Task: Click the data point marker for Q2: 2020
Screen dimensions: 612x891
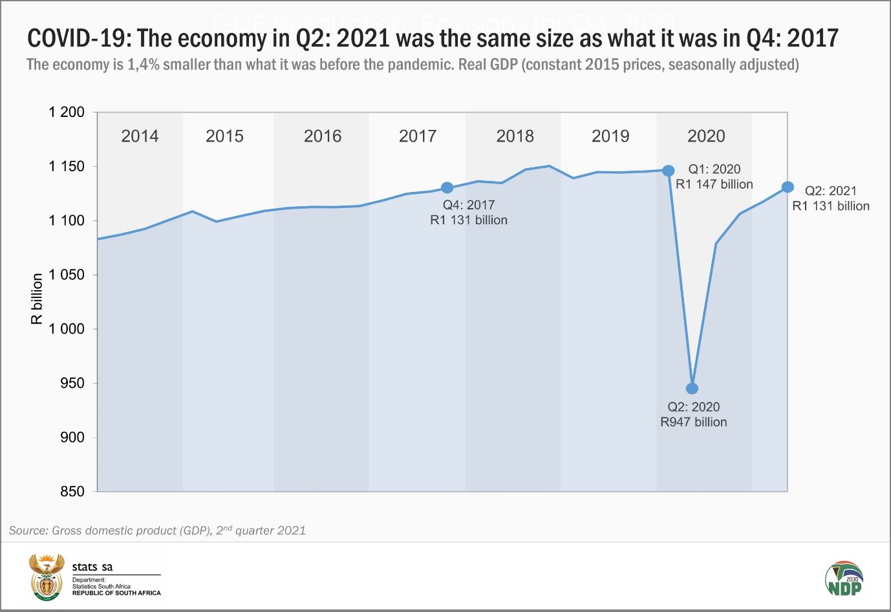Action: pyautogui.click(x=692, y=388)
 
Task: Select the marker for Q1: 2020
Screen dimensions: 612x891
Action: pyautogui.click(x=669, y=171)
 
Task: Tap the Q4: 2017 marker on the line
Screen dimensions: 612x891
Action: pyautogui.click(x=447, y=187)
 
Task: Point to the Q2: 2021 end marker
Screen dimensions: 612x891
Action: pyautogui.click(x=788, y=187)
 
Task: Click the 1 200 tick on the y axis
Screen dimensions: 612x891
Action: pyautogui.click(x=67, y=112)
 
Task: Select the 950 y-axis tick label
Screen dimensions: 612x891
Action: pyautogui.click(x=72, y=383)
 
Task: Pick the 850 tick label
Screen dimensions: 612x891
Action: pyautogui.click(x=72, y=492)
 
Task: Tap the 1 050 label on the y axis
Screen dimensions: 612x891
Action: pyautogui.click(x=67, y=275)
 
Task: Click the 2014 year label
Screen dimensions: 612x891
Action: pyautogui.click(x=140, y=136)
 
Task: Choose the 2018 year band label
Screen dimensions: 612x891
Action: pyautogui.click(x=515, y=136)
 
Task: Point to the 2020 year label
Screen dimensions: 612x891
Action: pyautogui.click(x=706, y=136)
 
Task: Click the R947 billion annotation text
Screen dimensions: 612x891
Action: pyautogui.click(x=694, y=422)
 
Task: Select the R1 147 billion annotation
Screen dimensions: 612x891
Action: pyautogui.click(x=714, y=184)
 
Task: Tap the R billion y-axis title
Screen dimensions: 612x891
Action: pyautogui.click(x=37, y=299)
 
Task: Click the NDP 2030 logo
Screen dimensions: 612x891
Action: pyautogui.click(x=844, y=578)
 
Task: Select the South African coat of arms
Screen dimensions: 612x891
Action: pyautogui.click(x=47, y=577)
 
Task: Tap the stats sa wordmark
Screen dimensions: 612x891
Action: pyautogui.click(x=92, y=567)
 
